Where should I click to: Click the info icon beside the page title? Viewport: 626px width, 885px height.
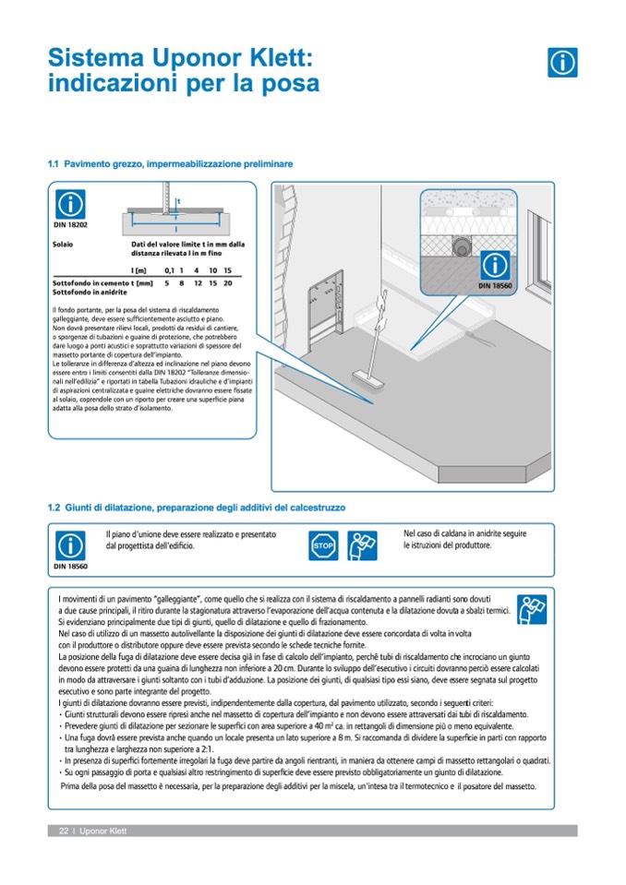[562, 61]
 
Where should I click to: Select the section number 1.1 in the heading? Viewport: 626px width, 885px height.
[53, 164]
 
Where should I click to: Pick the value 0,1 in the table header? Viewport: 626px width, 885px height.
[169, 269]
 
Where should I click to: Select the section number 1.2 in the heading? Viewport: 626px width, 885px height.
[54, 507]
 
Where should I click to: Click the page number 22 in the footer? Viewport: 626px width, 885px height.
[64, 831]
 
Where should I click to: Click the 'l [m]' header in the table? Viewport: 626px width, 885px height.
[140, 269]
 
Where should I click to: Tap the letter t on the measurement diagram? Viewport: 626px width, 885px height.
[178, 200]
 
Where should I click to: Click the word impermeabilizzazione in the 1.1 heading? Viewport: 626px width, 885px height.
[193, 164]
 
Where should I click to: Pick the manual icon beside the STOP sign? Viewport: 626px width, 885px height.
[362, 545]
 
